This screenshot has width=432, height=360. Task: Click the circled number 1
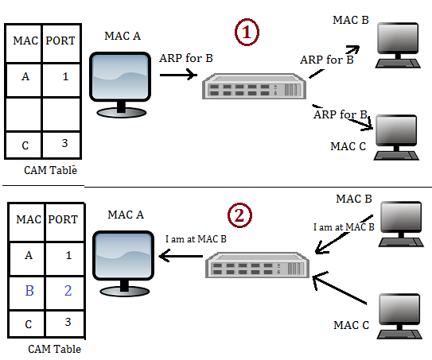[247, 32]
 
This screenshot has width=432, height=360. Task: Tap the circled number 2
[239, 215]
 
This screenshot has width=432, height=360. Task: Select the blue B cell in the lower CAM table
[27, 292]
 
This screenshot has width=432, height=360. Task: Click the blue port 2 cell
[65, 292]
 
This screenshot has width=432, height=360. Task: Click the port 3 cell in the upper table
[61, 145]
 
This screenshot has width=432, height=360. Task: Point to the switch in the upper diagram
[254, 86]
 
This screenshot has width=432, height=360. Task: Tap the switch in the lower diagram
[257, 265]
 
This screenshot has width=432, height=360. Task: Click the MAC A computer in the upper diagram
[120, 85]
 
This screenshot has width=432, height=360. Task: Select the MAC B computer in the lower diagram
[401, 224]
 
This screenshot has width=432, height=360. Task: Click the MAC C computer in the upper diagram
[396, 137]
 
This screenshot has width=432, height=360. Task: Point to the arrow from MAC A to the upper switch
[178, 75]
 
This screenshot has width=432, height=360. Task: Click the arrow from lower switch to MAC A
[181, 256]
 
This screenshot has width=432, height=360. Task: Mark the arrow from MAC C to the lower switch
[340, 288]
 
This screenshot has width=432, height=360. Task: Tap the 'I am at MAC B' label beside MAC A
[196, 239]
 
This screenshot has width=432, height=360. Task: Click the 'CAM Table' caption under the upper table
[50, 170]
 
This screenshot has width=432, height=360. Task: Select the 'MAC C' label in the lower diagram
[351, 325]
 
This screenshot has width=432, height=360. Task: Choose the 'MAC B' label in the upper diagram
[351, 20]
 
